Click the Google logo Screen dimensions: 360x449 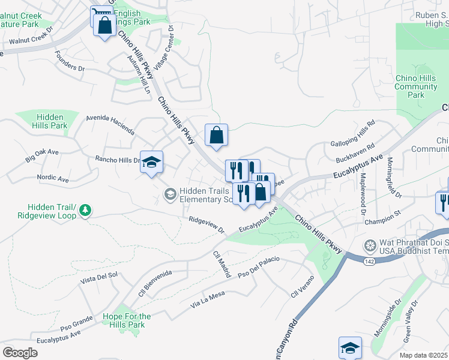[20, 352]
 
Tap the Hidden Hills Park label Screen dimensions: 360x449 [52, 121]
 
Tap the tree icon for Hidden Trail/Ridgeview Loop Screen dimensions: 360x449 [86, 209]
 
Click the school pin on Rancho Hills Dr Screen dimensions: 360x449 [151, 162]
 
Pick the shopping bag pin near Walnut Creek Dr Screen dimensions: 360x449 [105, 26]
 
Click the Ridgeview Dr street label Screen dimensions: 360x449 [206, 226]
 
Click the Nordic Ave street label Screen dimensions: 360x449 [53, 179]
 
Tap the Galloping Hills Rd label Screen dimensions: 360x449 [353, 136]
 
